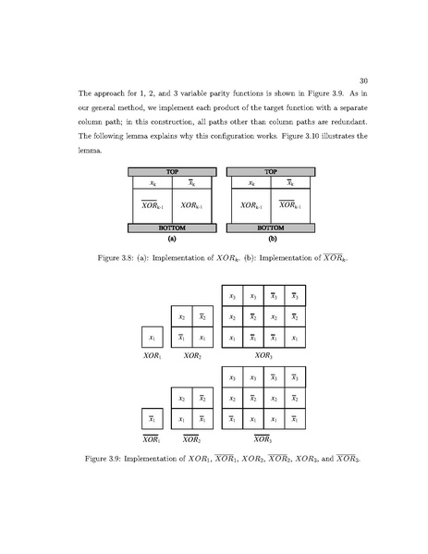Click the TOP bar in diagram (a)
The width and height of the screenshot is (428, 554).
(x=171, y=171)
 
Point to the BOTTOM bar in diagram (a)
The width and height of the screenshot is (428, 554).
(x=171, y=227)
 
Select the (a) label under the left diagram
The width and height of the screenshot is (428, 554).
(x=171, y=237)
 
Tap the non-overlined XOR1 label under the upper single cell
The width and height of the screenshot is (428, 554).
(x=152, y=354)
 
